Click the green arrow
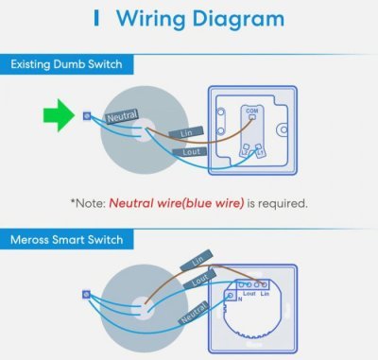point(59,115)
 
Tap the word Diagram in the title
point(238,19)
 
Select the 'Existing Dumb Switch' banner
point(66,64)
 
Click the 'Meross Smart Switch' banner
point(66,240)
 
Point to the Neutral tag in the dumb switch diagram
point(122,116)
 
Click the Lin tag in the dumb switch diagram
point(186,133)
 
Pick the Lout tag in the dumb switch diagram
point(190,152)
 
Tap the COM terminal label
point(252,111)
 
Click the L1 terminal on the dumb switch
point(259,150)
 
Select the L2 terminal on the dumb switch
point(245,150)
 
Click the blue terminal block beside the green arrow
point(87,116)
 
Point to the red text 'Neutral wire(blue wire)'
point(177,203)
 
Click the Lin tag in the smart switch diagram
point(197,260)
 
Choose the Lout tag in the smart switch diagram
point(199,280)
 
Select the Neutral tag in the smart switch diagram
point(194,313)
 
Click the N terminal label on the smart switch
point(240,300)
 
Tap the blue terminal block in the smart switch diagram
point(86,295)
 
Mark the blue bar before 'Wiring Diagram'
point(96,18)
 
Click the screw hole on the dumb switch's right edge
point(283,129)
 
